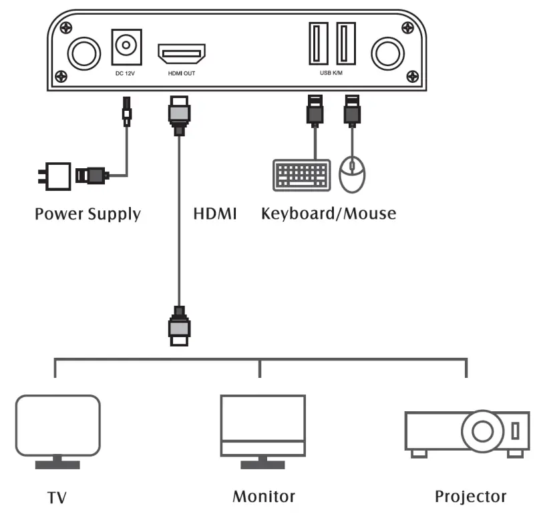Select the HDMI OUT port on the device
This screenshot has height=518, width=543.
click(x=181, y=53)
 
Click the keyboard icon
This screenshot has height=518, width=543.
click(x=301, y=175)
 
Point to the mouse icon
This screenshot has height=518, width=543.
click(x=353, y=175)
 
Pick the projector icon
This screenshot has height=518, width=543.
click(x=467, y=432)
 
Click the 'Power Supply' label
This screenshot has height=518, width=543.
click(x=87, y=214)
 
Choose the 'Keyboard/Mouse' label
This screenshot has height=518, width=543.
click(x=329, y=214)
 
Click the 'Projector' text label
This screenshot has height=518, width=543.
click(x=470, y=497)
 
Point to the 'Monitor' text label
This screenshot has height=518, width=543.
click(x=263, y=497)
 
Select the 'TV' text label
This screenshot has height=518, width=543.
click(x=57, y=497)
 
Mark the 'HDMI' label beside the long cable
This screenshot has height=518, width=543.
click(x=214, y=214)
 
